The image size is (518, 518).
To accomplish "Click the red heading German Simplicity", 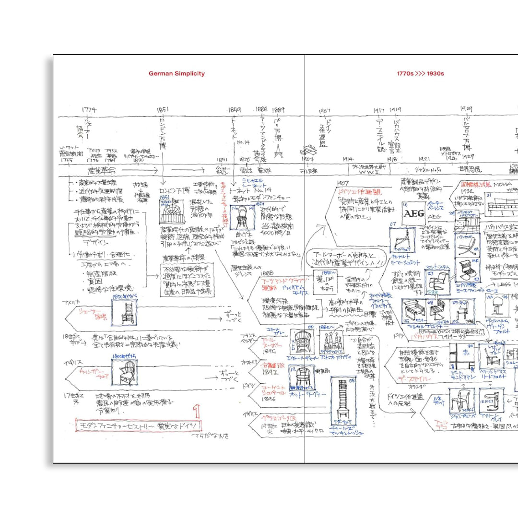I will (177, 73).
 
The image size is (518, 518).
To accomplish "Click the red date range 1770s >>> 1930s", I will (420, 73).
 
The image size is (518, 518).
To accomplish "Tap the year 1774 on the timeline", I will (89, 110).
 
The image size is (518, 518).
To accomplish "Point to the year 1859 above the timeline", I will (235, 109).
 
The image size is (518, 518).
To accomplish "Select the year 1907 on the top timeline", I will (325, 111).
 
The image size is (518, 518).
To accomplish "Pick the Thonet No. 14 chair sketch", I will (242, 218).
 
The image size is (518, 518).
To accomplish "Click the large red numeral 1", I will (196, 411).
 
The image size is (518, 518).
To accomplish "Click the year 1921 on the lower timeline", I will (424, 158).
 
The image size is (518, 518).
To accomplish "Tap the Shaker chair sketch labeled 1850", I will (124, 312).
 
